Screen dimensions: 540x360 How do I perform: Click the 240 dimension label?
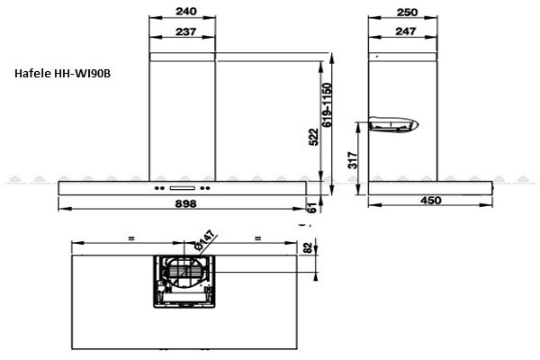pos(186,12)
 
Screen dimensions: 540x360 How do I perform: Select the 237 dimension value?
pos(186,31)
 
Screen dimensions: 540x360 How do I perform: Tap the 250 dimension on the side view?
pos(407,13)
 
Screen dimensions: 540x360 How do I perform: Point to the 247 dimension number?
pos(406,31)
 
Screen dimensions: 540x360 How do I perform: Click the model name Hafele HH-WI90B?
pos(62,74)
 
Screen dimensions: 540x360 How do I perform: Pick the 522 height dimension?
pos(314,137)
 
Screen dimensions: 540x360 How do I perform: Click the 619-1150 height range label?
pos(327,104)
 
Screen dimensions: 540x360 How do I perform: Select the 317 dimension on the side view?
pos(353,160)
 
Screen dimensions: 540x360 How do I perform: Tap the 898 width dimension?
pos(186,203)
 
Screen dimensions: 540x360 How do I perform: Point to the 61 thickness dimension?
pos(311,208)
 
